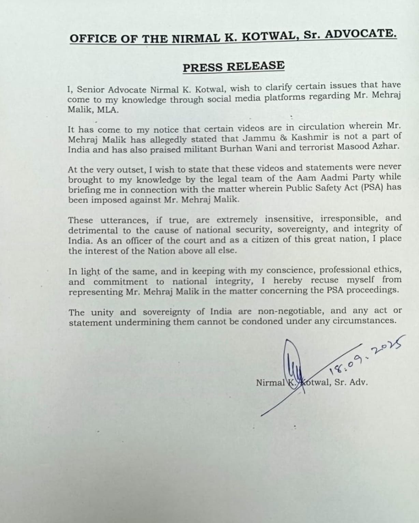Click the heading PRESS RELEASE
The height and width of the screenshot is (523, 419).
point(233,66)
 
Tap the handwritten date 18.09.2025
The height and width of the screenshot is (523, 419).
point(365,356)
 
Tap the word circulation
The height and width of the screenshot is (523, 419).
point(322,127)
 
